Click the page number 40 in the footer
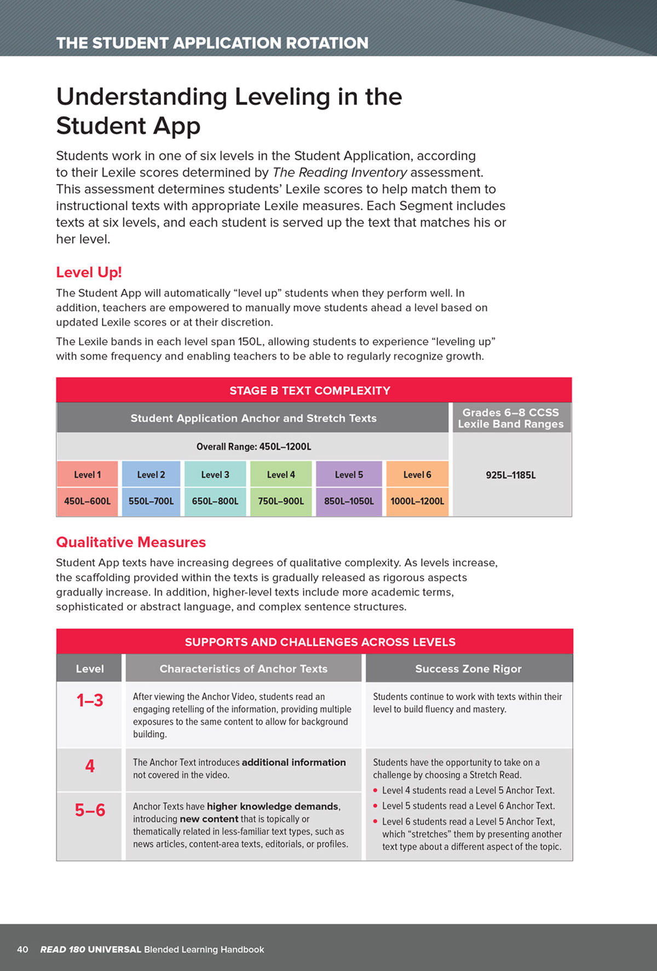pyautogui.click(x=22, y=949)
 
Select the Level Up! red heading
pyautogui.click(x=89, y=272)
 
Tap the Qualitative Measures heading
pyautogui.click(x=131, y=542)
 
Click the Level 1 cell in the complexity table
pyautogui.click(x=87, y=475)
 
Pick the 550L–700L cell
pyautogui.click(x=151, y=501)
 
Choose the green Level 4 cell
pyautogui.click(x=281, y=475)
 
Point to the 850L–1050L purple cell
pyautogui.click(x=349, y=501)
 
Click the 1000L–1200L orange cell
pyautogui.click(x=417, y=501)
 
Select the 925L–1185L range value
pyautogui.click(x=511, y=475)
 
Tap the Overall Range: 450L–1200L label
pyautogui.click(x=253, y=447)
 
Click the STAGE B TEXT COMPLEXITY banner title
pyautogui.click(x=310, y=390)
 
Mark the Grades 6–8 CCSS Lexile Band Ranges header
pyautogui.click(x=511, y=418)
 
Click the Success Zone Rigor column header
pyautogui.click(x=468, y=668)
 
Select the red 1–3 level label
pyautogui.click(x=90, y=700)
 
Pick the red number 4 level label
pyautogui.click(x=90, y=766)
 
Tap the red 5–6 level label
pyautogui.click(x=90, y=810)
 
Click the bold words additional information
pyautogui.click(x=293, y=762)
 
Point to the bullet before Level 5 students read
pyautogui.click(x=375, y=806)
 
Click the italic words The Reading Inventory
pyautogui.click(x=339, y=172)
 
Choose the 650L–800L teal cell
pyautogui.click(x=215, y=501)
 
